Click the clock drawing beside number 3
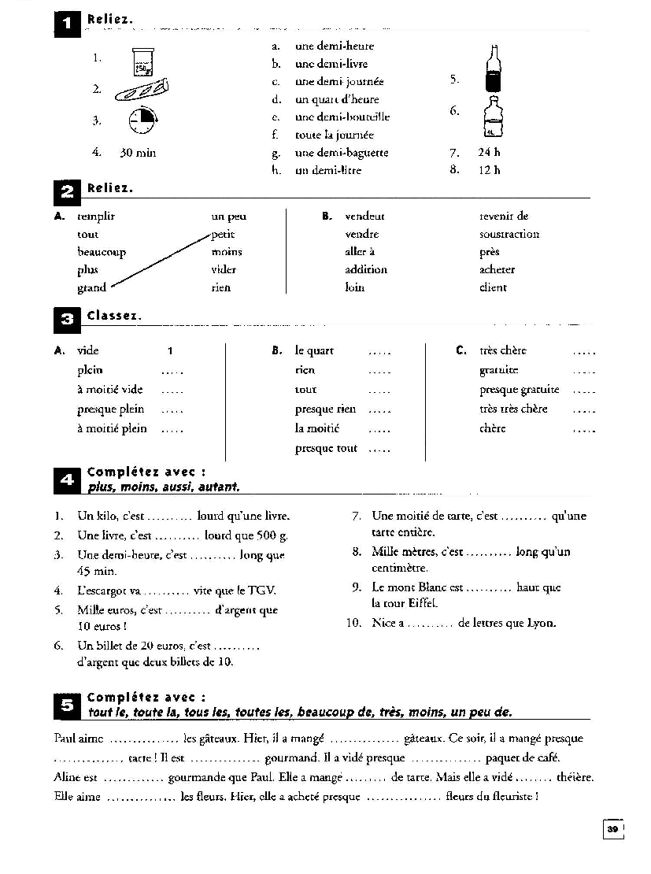pyautogui.click(x=142, y=121)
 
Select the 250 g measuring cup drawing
pyautogui.click(x=142, y=61)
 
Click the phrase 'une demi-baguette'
pyautogui.click(x=341, y=153)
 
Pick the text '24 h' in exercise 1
pyautogui.click(x=488, y=153)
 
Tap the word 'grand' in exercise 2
pyautogui.click(x=91, y=288)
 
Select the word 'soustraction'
pyautogui.click(x=509, y=235)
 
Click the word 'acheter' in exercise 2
pyautogui.click(x=497, y=270)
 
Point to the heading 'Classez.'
pyautogui.click(x=115, y=316)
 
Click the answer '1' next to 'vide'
pyautogui.click(x=170, y=351)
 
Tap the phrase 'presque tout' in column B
pyautogui.click(x=326, y=449)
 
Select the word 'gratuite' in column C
pyautogui.click(x=498, y=371)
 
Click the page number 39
pyautogui.click(x=612, y=829)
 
